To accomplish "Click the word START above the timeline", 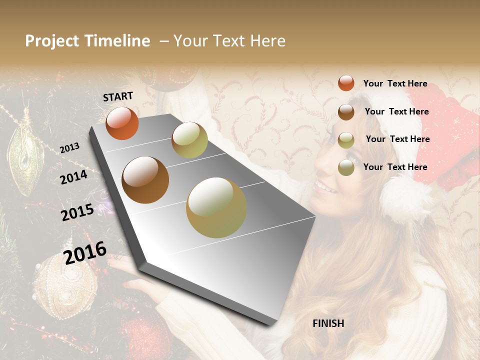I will (x=118, y=96).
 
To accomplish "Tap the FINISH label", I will (x=328, y=323).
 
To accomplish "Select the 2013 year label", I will (x=70, y=147).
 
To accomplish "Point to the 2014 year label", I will (x=74, y=177).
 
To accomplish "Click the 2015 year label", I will (x=77, y=212).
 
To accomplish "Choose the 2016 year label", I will (x=85, y=252).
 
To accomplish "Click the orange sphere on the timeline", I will (x=122, y=123).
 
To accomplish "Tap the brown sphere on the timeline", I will (x=145, y=180).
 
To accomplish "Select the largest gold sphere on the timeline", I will (x=216, y=207).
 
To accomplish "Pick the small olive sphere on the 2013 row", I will (x=189, y=140).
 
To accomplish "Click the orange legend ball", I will (x=346, y=83).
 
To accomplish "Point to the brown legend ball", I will (x=346, y=112).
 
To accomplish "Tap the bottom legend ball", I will (x=346, y=167).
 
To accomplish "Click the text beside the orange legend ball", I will (x=395, y=83).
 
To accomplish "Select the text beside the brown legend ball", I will (x=396, y=111).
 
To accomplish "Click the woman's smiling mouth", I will (x=324, y=189).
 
